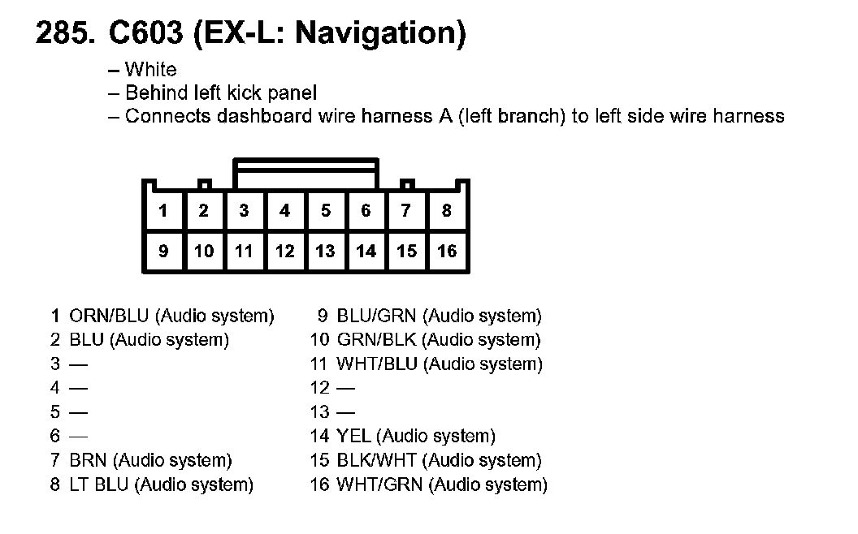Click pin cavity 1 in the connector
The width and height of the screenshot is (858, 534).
point(163,211)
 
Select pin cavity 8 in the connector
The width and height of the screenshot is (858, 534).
point(447,211)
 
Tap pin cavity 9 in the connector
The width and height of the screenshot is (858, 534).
point(163,252)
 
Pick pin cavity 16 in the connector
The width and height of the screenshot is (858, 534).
point(447,252)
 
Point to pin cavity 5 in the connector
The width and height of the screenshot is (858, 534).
point(325,211)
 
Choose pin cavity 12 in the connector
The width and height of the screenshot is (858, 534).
point(284,252)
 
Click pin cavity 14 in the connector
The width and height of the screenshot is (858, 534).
point(366,252)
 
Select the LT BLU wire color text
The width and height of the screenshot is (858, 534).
point(100,485)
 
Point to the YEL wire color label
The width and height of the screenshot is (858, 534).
point(353,437)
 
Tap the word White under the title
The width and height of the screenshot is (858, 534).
point(150,70)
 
